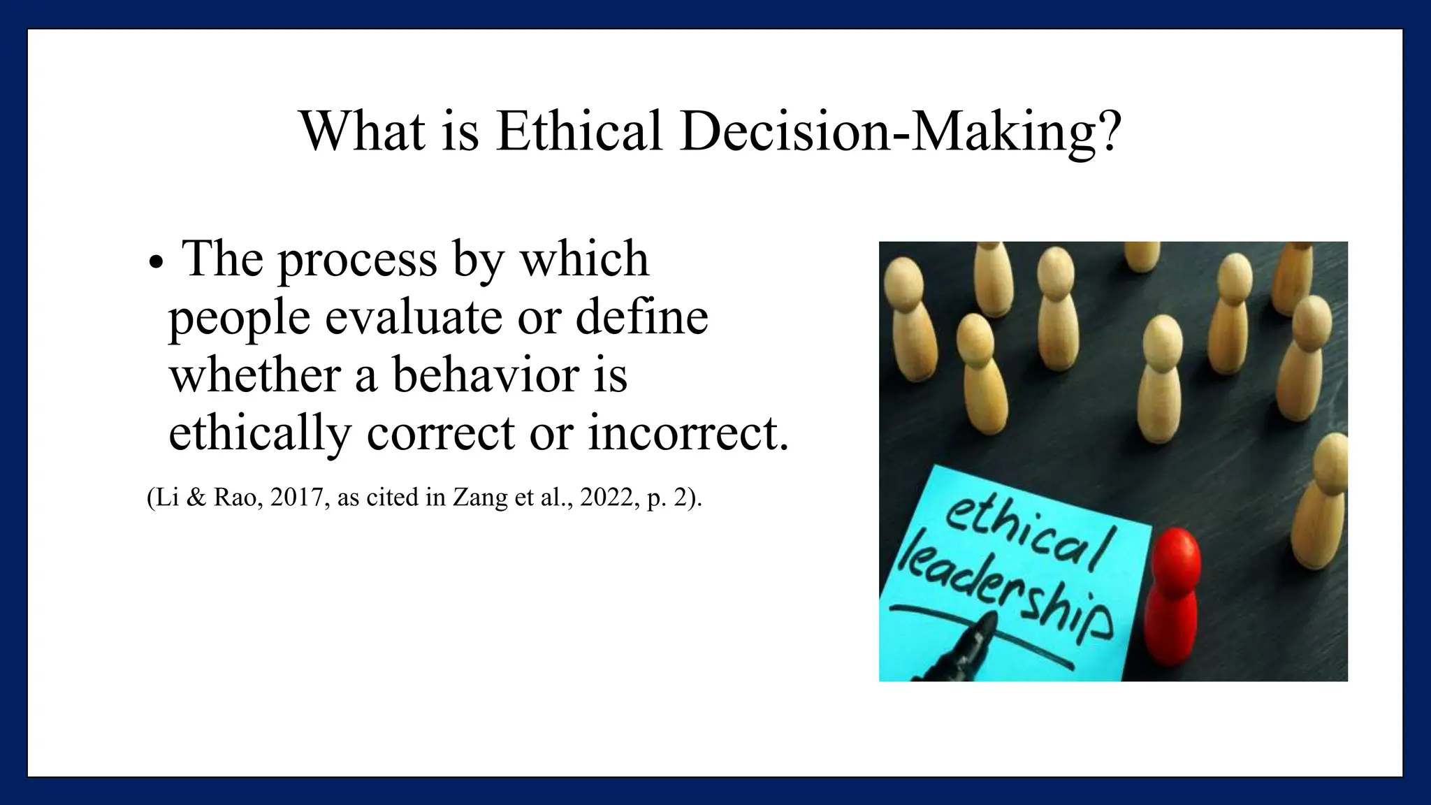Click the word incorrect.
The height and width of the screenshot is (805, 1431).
[688, 434]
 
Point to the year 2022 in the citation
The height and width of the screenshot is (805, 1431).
[606, 498]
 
